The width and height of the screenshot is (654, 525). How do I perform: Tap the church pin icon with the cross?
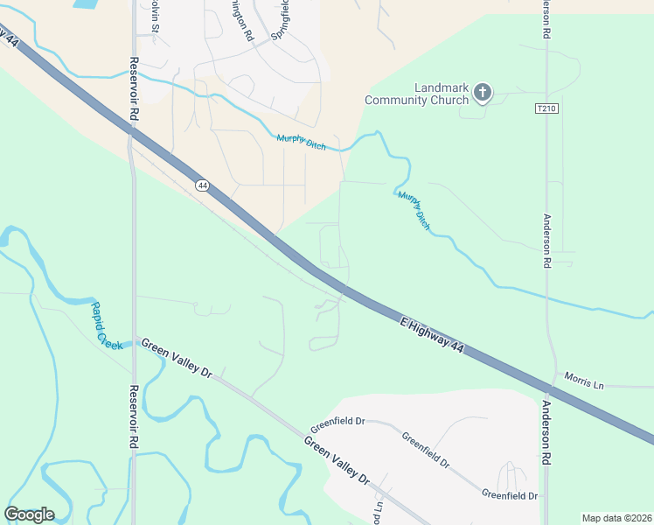tap(483, 92)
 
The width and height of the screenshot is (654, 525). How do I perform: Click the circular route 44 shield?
tap(203, 185)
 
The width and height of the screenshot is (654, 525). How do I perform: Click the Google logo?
tap(29, 514)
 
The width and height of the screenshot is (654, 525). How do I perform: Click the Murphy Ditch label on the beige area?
tap(302, 142)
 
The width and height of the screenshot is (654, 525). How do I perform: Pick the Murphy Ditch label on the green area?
tap(414, 209)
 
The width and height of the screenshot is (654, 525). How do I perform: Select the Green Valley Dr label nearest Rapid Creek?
tap(177, 359)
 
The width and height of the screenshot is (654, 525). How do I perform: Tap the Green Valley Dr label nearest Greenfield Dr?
tap(337, 457)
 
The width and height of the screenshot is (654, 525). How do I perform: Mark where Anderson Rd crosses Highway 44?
tap(551, 387)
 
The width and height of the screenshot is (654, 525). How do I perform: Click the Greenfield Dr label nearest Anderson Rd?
tap(509, 495)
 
